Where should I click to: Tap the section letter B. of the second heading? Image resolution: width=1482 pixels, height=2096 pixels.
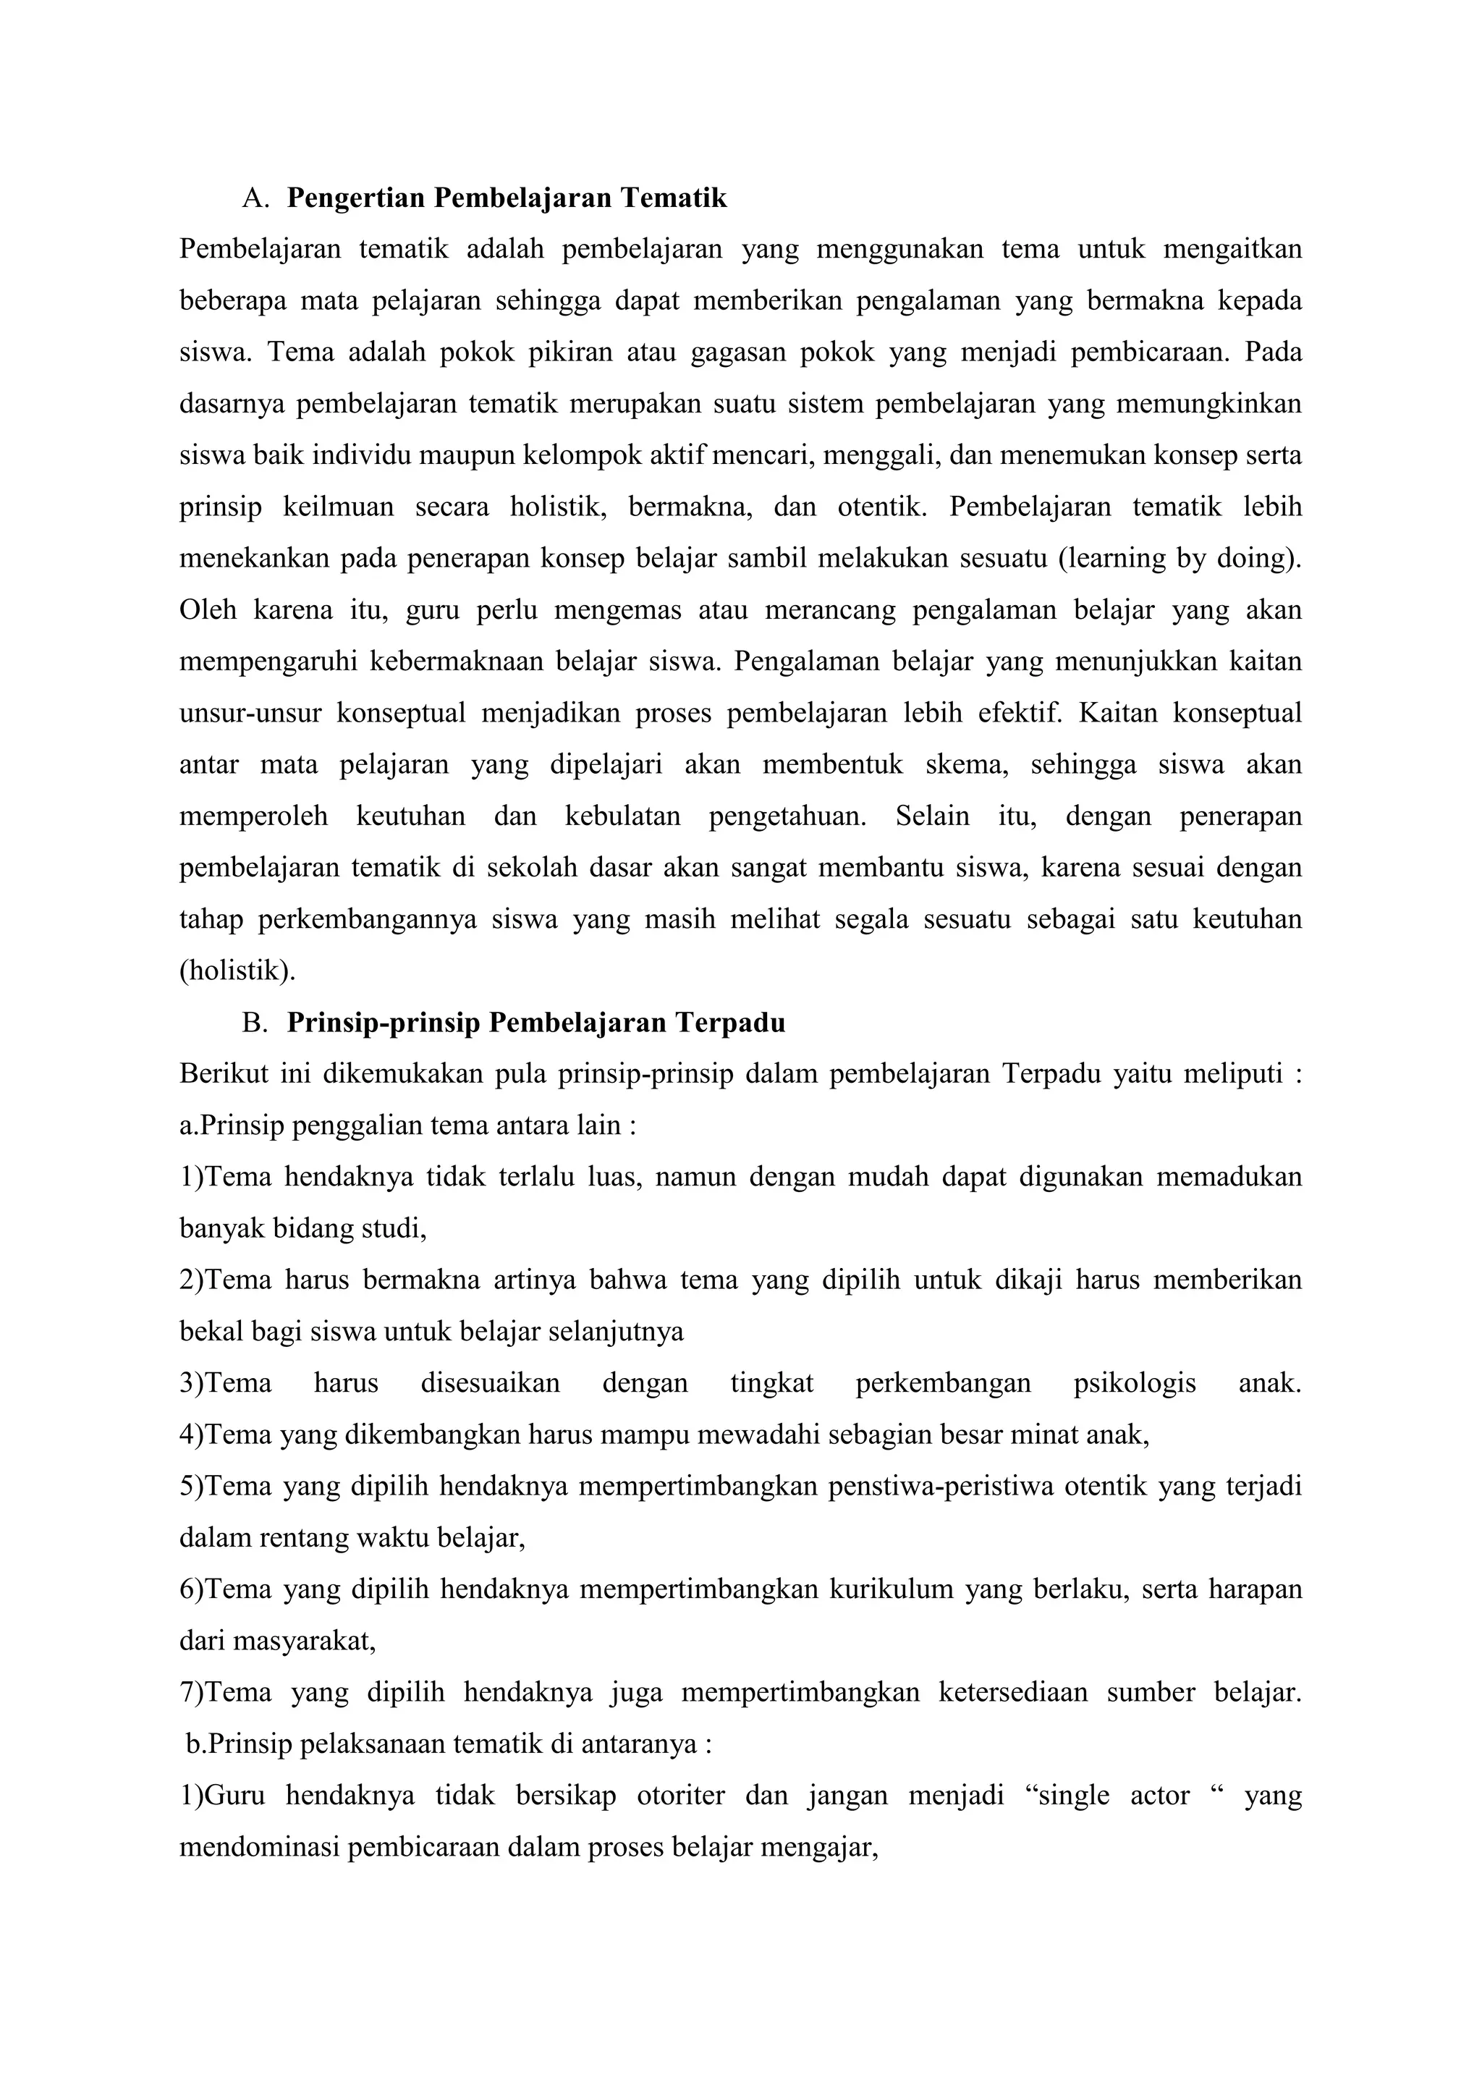255,1023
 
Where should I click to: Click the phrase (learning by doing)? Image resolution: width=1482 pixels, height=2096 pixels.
1180,559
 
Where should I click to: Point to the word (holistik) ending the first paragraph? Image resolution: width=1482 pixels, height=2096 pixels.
237,971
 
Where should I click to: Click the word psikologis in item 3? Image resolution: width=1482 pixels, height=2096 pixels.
1135,1383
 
